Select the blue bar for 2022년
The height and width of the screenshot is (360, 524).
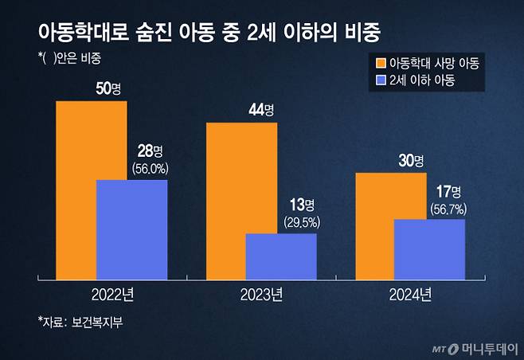[x=131, y=230]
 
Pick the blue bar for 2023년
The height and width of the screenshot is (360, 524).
[x=280, y=256]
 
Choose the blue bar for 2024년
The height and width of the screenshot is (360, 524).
[x=429, y=249]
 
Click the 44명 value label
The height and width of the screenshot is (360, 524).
[x=260, y=108]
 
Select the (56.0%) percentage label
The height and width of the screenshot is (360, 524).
[x=150, y=169]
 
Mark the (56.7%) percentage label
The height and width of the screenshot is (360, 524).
[x=448, y=209]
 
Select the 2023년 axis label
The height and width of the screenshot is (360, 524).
[x=261, y=295]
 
